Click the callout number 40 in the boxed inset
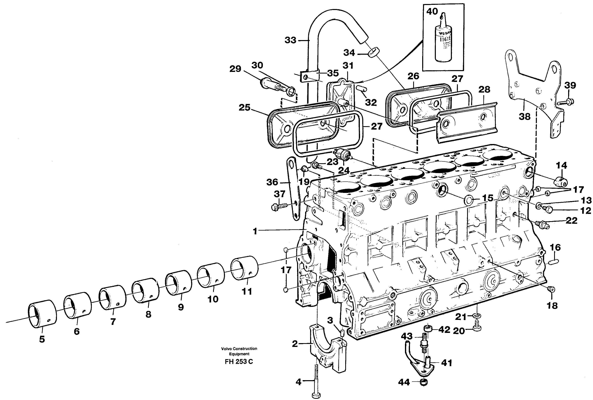tap(432, 11)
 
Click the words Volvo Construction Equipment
tap(239, 351)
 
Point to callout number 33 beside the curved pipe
tap(290, 40)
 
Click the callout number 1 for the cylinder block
tap(255, 231)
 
